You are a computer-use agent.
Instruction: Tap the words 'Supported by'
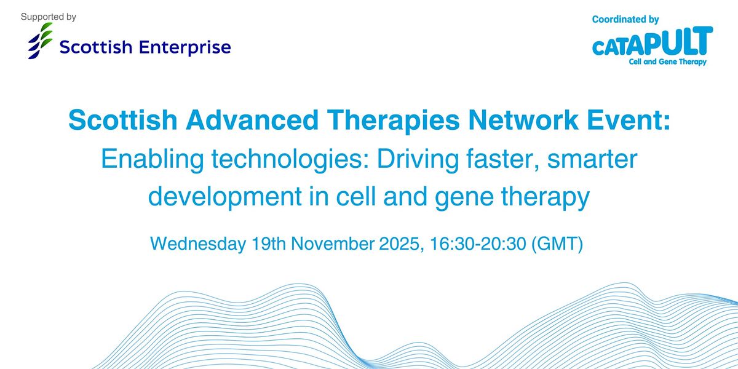pyautogui.click(x=49, y=17)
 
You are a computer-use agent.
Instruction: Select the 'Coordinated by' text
pyautogui.click(x=625, y=20)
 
